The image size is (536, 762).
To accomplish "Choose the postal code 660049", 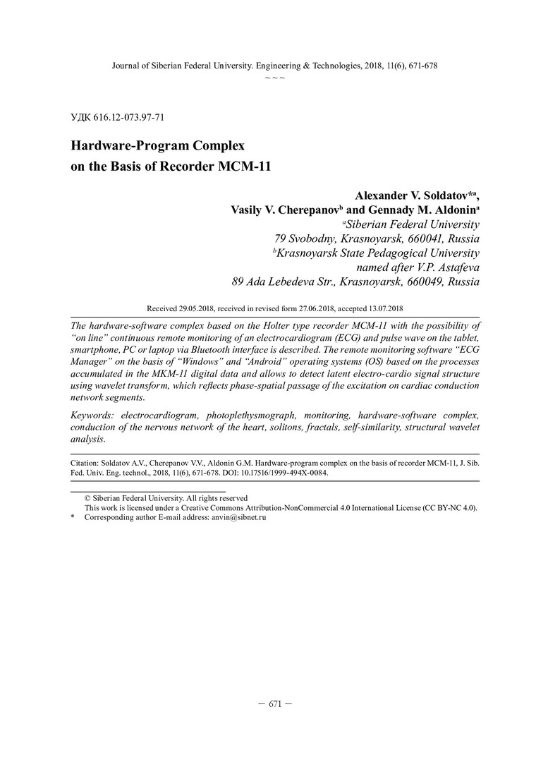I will tap(422, 282).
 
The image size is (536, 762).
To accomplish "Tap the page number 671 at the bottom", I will tap(275, 704).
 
